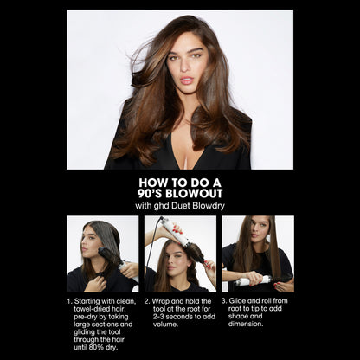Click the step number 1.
click(69, 302)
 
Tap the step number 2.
click(147, 302)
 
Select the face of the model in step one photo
click(91, 243)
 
